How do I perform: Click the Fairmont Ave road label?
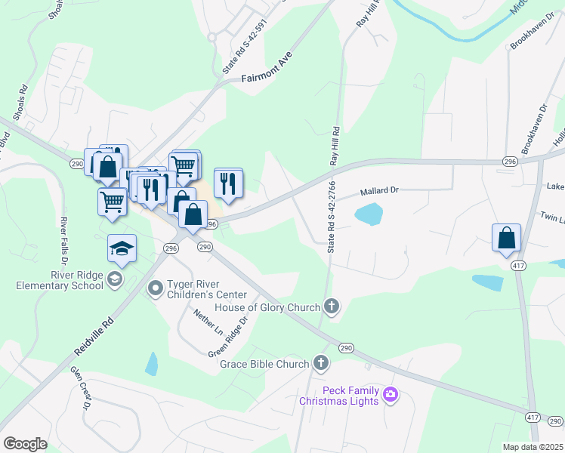(x=266, y=66)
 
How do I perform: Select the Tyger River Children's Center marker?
(x=156, y=287)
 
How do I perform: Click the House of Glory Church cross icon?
(x=330, y=307)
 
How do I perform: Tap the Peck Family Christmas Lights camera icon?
(x=391, y=393)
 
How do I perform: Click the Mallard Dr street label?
(x=378, y=192)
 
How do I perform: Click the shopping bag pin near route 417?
(x=506, y=238)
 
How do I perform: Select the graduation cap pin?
(x=121, y=248)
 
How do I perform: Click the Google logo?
(x=25, y=444)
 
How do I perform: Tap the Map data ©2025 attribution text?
(x=533, y=447)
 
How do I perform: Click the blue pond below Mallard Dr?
(x=368, y=215)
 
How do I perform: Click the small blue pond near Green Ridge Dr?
(x=152, y=364)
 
